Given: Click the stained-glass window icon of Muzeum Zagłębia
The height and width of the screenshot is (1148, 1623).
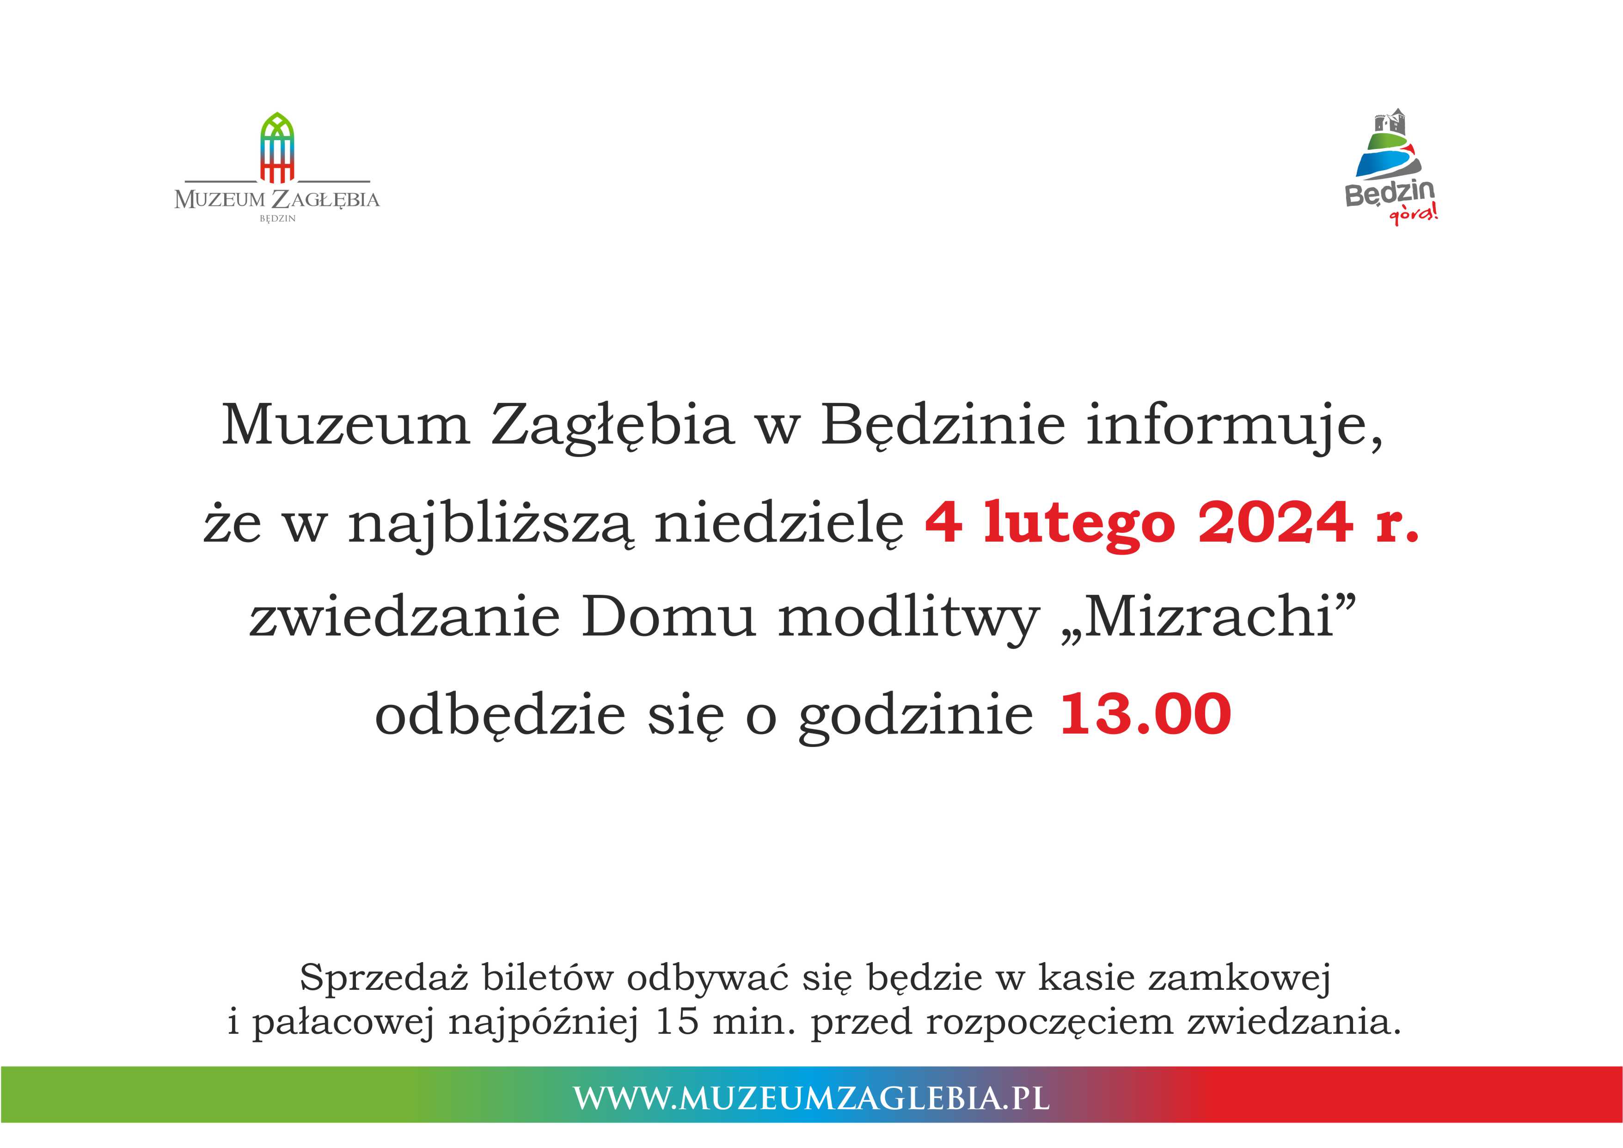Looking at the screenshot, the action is click(277, 147).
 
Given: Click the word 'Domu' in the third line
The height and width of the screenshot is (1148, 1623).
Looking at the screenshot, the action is click(669, 617).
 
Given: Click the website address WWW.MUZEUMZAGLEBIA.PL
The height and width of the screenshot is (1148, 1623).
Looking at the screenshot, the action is click(812, 1098).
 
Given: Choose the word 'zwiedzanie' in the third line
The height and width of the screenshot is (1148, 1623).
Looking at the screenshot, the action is click(404, 617).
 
